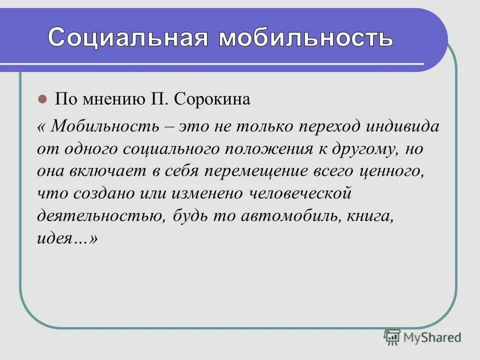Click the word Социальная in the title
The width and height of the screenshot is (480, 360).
[128, 37]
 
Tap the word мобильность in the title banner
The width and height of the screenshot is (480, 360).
[305, 37]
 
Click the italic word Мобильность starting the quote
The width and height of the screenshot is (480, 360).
[103, 125]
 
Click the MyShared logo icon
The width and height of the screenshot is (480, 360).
[392, 337]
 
